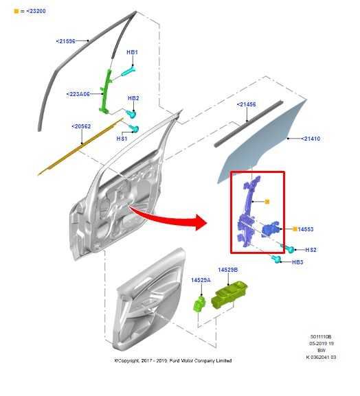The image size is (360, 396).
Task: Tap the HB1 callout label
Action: (x=133, y=52)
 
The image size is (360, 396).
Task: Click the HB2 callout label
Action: (x=133, y=98)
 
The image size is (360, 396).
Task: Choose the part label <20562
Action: (x=81, y=126)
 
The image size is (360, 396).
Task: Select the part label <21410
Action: (x=310, y=139)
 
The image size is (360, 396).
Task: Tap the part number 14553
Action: (x=306, y=229)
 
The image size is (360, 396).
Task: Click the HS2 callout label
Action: (x=311, y=249)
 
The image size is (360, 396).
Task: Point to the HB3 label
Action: (x=297, y=262)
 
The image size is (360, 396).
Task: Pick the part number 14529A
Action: (x=201, y=280)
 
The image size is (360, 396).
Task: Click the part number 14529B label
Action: (x=227, y=270)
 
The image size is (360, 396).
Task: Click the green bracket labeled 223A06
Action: (x=107, y=89)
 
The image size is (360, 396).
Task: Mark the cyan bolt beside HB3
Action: (x=278, y=259)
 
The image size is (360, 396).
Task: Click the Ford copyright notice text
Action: (x=172, y=360)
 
